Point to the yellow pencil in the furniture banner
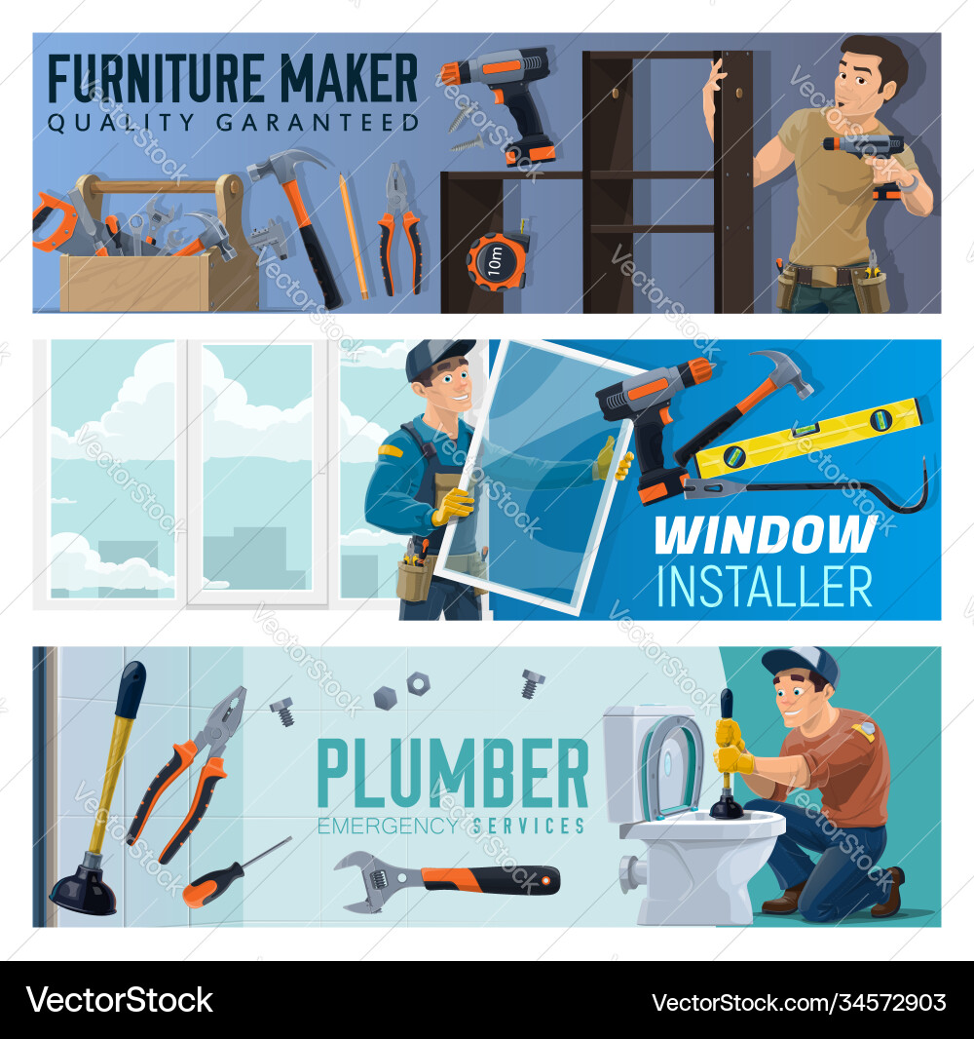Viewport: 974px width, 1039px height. (354, 234)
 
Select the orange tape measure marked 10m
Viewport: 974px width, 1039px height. (497, 261)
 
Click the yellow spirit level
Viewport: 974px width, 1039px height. (808, 437)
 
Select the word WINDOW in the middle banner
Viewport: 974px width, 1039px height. (765, 535)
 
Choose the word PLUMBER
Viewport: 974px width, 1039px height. (453, 775)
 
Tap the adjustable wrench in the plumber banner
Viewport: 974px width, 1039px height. (443, 879)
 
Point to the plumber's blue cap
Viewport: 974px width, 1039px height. (801, 663)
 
